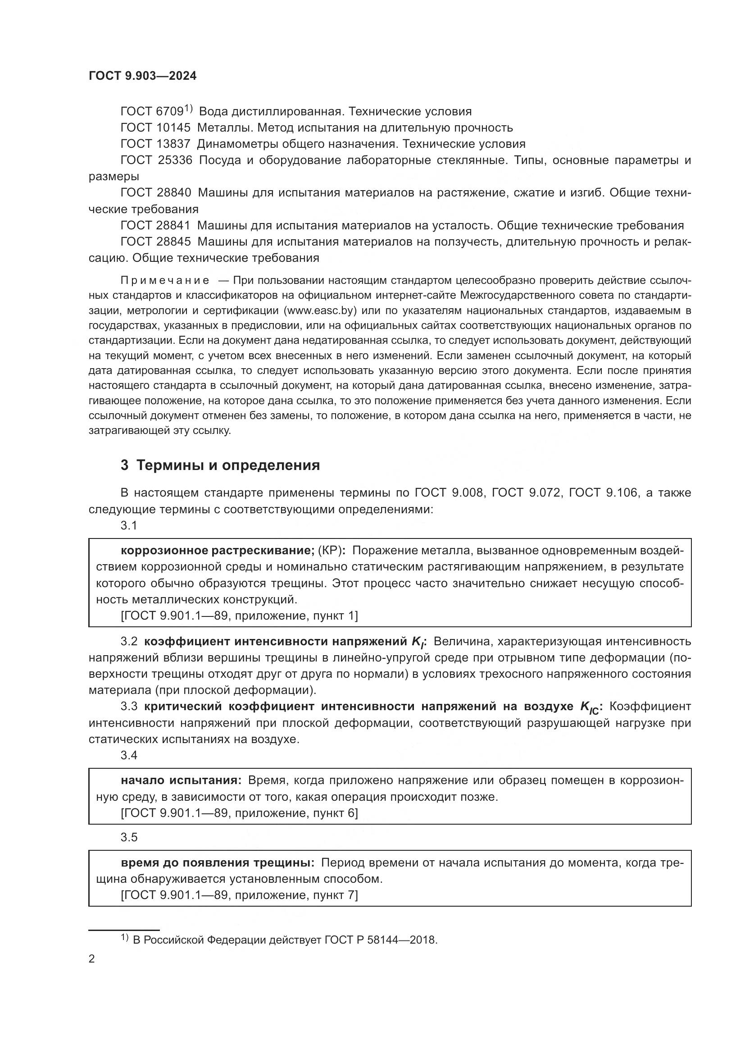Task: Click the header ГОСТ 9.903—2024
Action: (x=142, y=76)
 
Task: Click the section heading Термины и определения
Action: (x=228, y=465)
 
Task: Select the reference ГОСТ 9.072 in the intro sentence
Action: (x=527, y=493)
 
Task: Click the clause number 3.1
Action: (x=129, y=525)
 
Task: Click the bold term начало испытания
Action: (x=181, y=780)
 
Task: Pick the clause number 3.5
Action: (x=129, y=837)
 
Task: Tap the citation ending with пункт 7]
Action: (x=239, y=895)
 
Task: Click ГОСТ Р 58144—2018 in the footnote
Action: (x=381, y=940)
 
